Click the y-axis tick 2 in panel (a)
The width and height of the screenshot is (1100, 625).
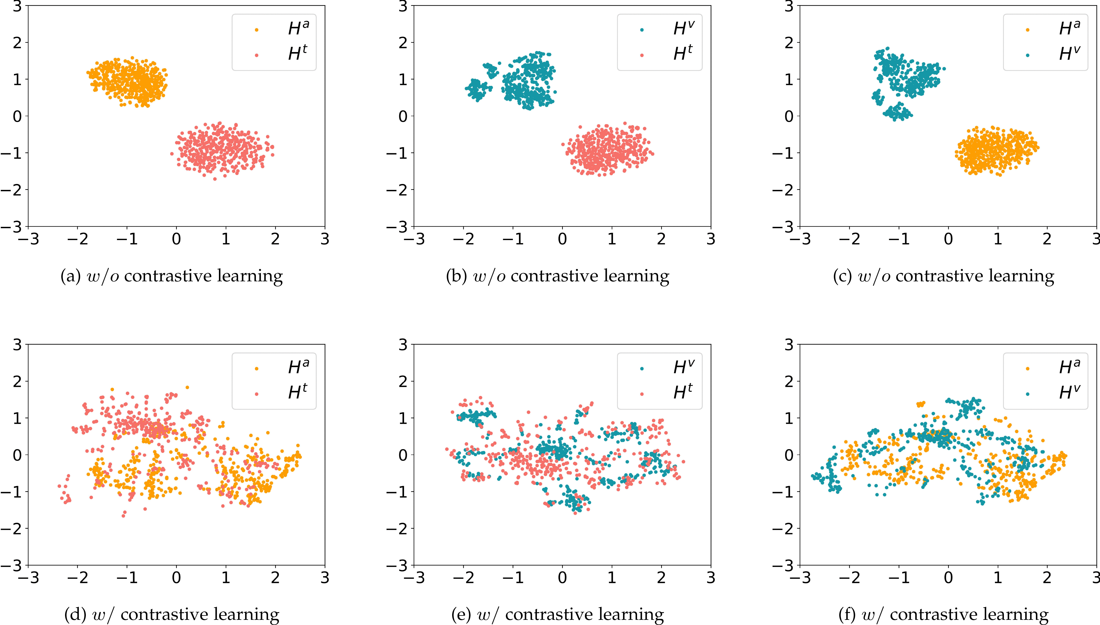[17, 43]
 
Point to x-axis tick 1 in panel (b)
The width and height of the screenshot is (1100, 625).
[612, 239]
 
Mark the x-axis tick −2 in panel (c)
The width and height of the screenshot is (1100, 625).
[849, 239]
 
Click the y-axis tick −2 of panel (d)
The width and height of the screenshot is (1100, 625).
[12, 528]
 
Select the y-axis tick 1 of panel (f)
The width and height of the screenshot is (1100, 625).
[789, 418]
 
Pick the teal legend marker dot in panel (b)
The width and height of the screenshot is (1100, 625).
[642, 30]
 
